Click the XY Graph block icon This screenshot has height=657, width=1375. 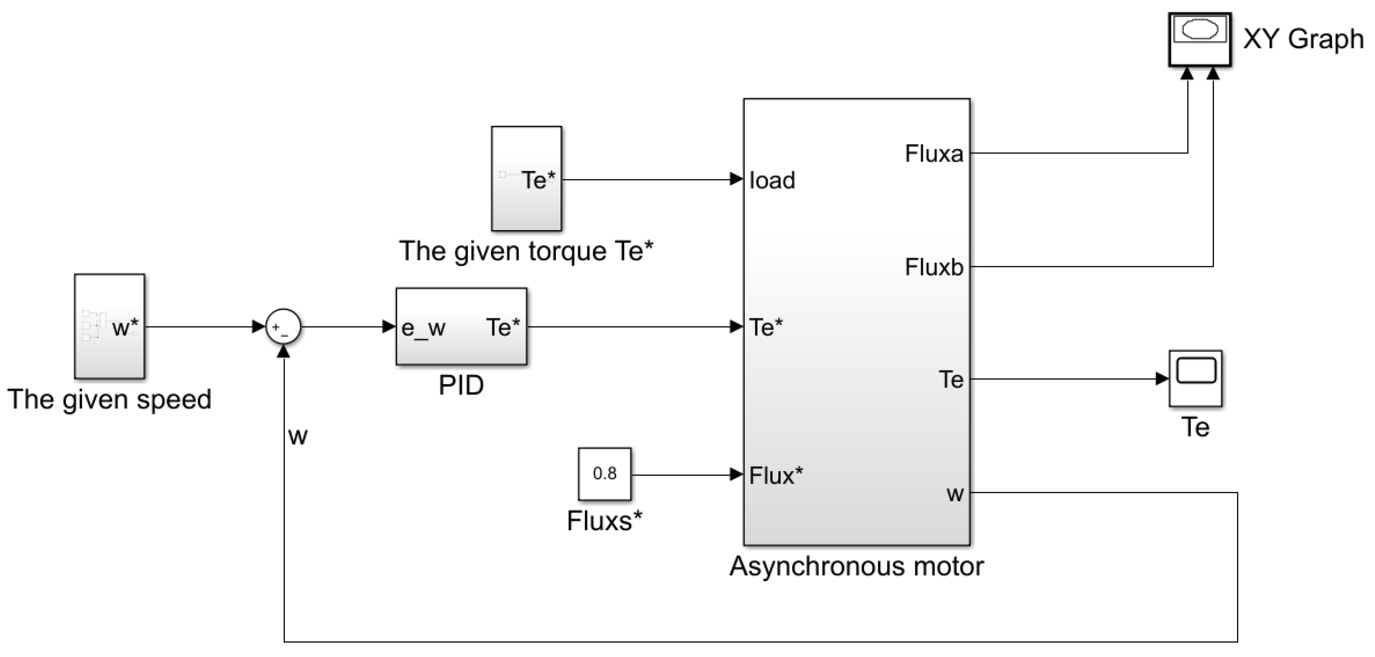tap(1200, 40)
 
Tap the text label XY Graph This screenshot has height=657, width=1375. tap(1303, 39)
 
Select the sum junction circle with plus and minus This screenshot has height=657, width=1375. tap(283, 327)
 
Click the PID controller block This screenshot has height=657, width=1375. tap(461, 327)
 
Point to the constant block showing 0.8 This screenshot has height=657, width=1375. tap(604, 474)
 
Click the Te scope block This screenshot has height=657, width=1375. tap(1196, 379)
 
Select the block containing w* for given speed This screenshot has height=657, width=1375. tap(109, 327)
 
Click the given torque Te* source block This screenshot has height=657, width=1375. tap(526, 179)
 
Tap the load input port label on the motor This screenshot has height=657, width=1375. tap(772, 181)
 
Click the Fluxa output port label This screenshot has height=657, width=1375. tap(934, 154)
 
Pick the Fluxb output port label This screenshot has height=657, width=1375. tap(934, 267)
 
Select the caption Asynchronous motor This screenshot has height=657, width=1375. tap(856, 566)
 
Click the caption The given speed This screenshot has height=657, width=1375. tap(109, 399)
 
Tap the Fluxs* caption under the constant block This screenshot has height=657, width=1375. tap(604, 521)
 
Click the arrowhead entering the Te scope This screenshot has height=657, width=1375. tap(1162, 379)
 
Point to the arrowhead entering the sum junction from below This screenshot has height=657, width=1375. tap(283, 351)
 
